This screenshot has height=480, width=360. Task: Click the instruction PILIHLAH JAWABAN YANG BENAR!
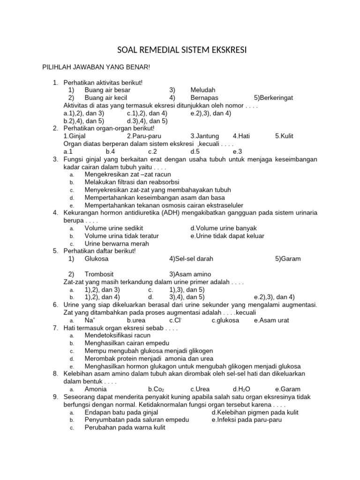click(x=96, y=68)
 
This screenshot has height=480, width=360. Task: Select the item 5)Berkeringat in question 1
click(x=273, y=97)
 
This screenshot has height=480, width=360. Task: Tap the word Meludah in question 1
click(x=202, y=90)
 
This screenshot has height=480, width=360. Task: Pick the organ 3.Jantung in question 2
click(x=204, y=136)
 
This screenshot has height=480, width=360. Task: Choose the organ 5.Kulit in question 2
click(x=284, y=136)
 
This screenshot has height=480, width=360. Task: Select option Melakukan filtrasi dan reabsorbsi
click(x=132, y=182)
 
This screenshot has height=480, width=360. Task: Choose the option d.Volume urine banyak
click(x=224, y=228)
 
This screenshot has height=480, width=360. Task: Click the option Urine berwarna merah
click(x=117, y=243)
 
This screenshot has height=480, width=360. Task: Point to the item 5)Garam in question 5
click(x=288, y=259)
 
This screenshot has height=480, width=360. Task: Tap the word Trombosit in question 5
click(x=99, y=274)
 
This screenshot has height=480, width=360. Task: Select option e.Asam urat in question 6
click(x=271, y=320)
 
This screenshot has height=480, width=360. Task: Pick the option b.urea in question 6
click(x=136, y=320)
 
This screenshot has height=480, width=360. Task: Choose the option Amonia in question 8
click(x=96, y=389)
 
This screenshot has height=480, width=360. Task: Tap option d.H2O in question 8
click(x=241, y=389)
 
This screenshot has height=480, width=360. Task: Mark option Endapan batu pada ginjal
click(x=121, y=412)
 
